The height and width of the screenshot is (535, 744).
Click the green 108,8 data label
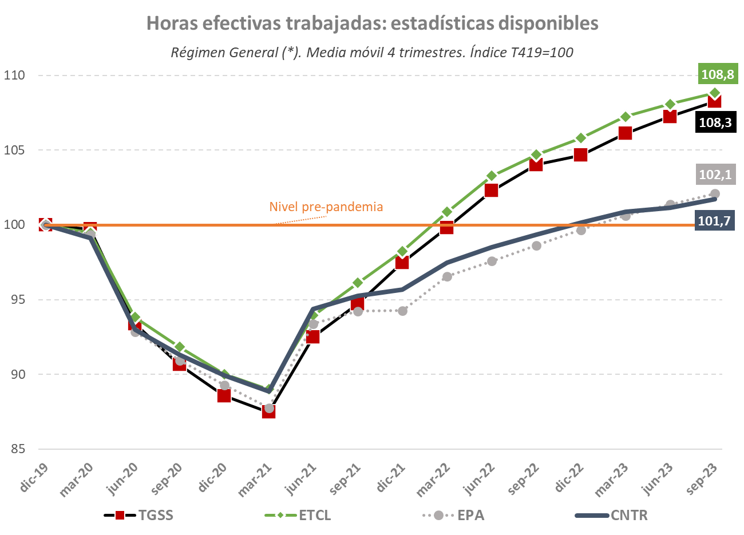pyautogui.click(x=717, y=74)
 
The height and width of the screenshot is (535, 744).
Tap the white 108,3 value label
pyautogui.click(x=715, y=122)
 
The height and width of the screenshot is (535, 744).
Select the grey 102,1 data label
pyautogui.click(x=715, y=175)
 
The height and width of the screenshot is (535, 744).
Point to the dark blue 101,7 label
pyautogui.click(x=715, y=221)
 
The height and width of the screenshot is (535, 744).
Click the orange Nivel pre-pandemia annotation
pyautogui.click(x=326, y=207)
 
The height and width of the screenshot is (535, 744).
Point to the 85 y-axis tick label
pyautogui.click(x=18, y=449)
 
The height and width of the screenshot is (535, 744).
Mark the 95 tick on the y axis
pyautogui.click(x=18, y=299)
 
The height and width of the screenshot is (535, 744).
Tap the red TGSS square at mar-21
pyautogui.click(x=268, y=411)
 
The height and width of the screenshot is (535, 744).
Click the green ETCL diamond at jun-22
pyautogui.click(x=492, y=176)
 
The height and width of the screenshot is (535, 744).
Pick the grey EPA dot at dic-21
pyautogui.click(x=402, y=311)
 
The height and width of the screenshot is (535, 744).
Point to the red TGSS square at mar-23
pyautogui.click(x=625, y=133)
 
